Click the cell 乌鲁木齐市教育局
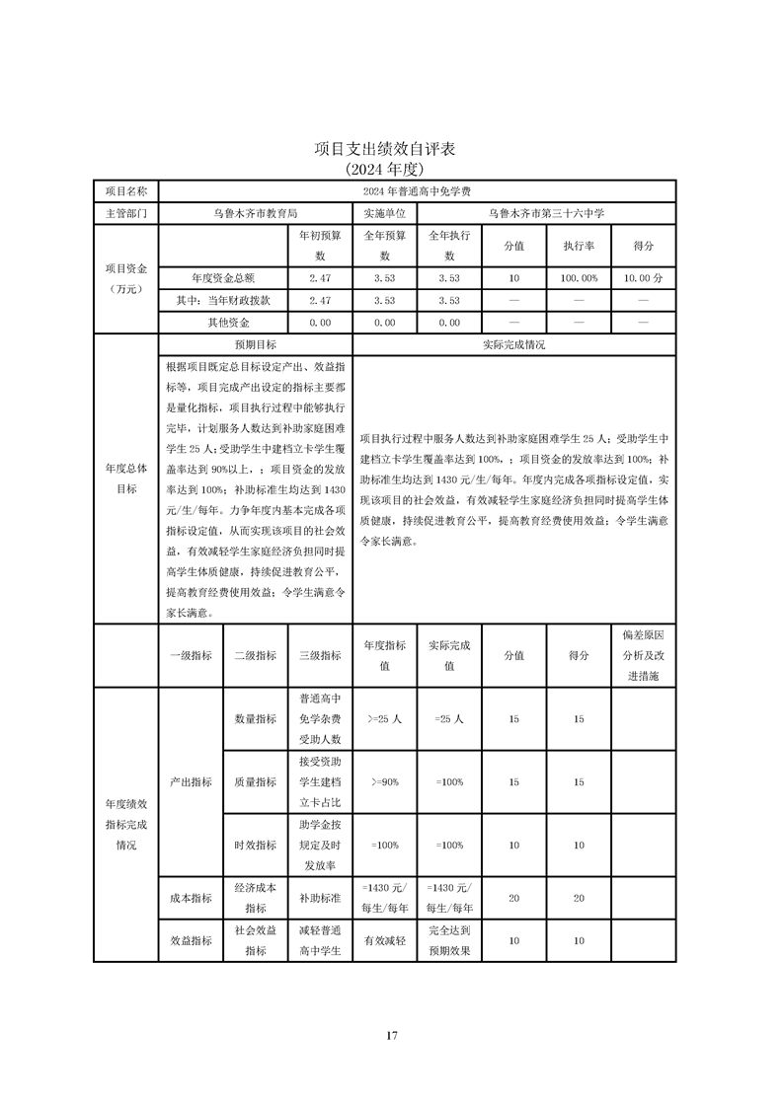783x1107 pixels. click(255, 213)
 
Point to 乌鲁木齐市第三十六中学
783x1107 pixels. click(546, 213)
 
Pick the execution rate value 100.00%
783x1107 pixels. click(579, 278)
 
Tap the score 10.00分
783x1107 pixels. click(643, 278)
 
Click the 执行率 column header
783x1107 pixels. click(579, 246)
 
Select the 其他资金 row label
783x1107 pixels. click(228, 323)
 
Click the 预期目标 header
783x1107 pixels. click(255, 345)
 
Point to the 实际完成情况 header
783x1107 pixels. click(513, 345)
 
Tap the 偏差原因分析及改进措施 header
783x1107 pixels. click(643, 654)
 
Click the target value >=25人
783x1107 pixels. click(384, 720)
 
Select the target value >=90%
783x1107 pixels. click(384, 782)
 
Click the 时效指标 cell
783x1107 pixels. click(255, 846)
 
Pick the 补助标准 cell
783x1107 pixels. click(319, 899)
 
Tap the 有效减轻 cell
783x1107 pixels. click(384, 941)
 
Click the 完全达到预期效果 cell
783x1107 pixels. click(448, 941)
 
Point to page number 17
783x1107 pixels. click(391, 1035)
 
